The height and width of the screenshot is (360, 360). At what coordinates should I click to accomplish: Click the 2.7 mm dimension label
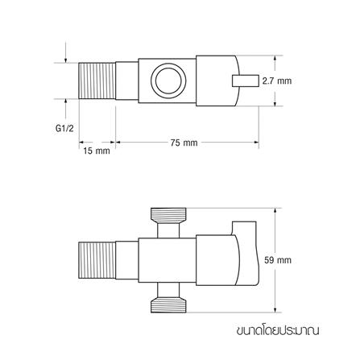click(x=277, y=81)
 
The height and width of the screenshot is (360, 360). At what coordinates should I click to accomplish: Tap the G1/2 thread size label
click(x=64, y=129)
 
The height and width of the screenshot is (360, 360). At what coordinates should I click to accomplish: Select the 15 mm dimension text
click(x=97, y=151)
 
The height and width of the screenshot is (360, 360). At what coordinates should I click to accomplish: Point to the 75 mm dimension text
click(x=184, y=143)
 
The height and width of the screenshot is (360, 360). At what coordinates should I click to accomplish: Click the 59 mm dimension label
click(x=278, y=260)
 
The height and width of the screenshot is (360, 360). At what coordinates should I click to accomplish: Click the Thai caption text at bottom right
click(x=278, y=330)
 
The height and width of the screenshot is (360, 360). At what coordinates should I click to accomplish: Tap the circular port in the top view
click(x=168, y=81)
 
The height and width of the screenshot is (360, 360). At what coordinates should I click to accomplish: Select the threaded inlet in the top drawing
click(x=97, y=81)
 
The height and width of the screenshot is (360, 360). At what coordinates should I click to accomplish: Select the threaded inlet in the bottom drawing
click(x=97, y=260)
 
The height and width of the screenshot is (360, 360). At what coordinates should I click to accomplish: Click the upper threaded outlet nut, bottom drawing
click(x=168, y=216)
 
